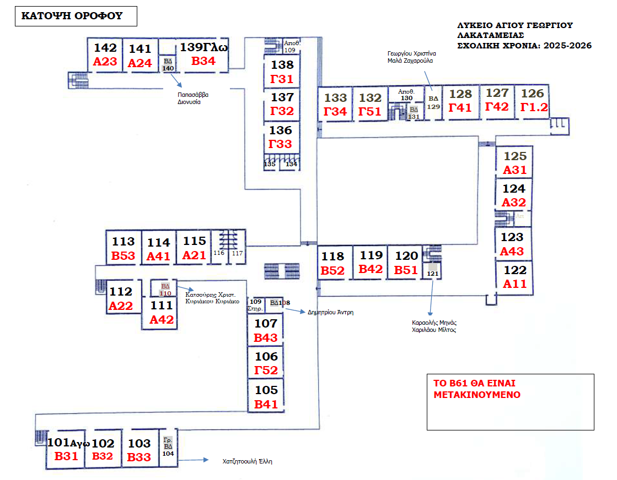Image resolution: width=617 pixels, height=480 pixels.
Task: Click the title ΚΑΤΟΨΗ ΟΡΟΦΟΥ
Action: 71,16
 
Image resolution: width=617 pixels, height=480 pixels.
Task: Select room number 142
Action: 105,47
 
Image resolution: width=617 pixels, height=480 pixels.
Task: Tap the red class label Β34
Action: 203,61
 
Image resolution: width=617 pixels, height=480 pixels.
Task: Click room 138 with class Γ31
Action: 282,72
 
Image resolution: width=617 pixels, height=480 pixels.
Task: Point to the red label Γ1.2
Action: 533,107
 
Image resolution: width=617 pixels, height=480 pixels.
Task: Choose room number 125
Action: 515,156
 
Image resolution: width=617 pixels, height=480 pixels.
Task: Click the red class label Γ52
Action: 266,370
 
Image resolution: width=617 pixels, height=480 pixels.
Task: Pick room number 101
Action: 57,443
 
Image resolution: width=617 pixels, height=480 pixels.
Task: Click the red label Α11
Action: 515,285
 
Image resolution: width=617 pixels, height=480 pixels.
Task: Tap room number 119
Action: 371,255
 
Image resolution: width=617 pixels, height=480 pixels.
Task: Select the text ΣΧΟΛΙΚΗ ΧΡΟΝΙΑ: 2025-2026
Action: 524,46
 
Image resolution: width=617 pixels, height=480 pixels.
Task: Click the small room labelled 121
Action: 432,274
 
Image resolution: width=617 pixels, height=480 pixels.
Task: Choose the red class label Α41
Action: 159,256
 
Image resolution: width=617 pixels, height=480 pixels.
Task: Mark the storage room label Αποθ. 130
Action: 406,95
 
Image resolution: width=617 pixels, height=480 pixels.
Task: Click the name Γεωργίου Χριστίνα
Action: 412,53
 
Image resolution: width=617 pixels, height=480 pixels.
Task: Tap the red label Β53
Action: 123,255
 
